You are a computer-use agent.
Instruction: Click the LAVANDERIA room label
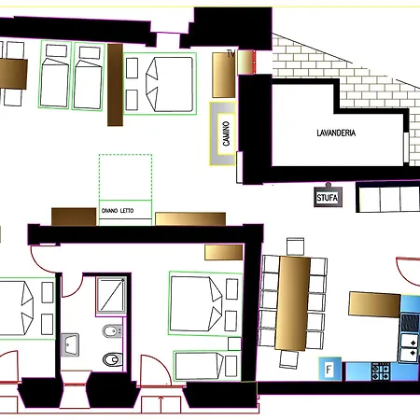tap(336, 133)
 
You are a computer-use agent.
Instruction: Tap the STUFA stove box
tap(328, 197)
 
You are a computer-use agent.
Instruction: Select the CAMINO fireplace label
tap(226, 133)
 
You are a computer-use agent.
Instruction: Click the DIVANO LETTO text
tap(118, 211)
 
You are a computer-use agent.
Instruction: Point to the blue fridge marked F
tap(329, 369)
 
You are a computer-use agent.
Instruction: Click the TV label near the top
tap(231, 54)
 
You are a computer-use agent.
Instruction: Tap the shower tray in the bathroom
tap(111, 295)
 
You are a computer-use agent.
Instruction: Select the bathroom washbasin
tap(70, 344)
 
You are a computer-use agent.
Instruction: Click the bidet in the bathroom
tap(112, 331)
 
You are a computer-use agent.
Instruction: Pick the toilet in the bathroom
tap(113, 359)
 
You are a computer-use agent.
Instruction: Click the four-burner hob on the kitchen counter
tap(381, 371)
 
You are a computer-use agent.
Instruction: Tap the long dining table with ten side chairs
tap(293, 303)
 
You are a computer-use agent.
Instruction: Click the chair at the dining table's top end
tap(295, 246)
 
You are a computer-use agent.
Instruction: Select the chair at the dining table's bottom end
tap(289, 359)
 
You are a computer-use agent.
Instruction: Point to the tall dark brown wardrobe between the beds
tap(115, 85)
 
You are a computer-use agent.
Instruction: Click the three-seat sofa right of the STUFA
tap(388, 197)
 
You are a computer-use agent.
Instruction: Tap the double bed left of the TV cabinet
tap(160, 84)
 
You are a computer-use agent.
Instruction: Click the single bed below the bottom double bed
tap(207, 366)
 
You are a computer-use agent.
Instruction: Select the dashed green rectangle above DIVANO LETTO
tap(125, 176)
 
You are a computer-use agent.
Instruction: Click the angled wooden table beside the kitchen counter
tap(374, 304)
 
